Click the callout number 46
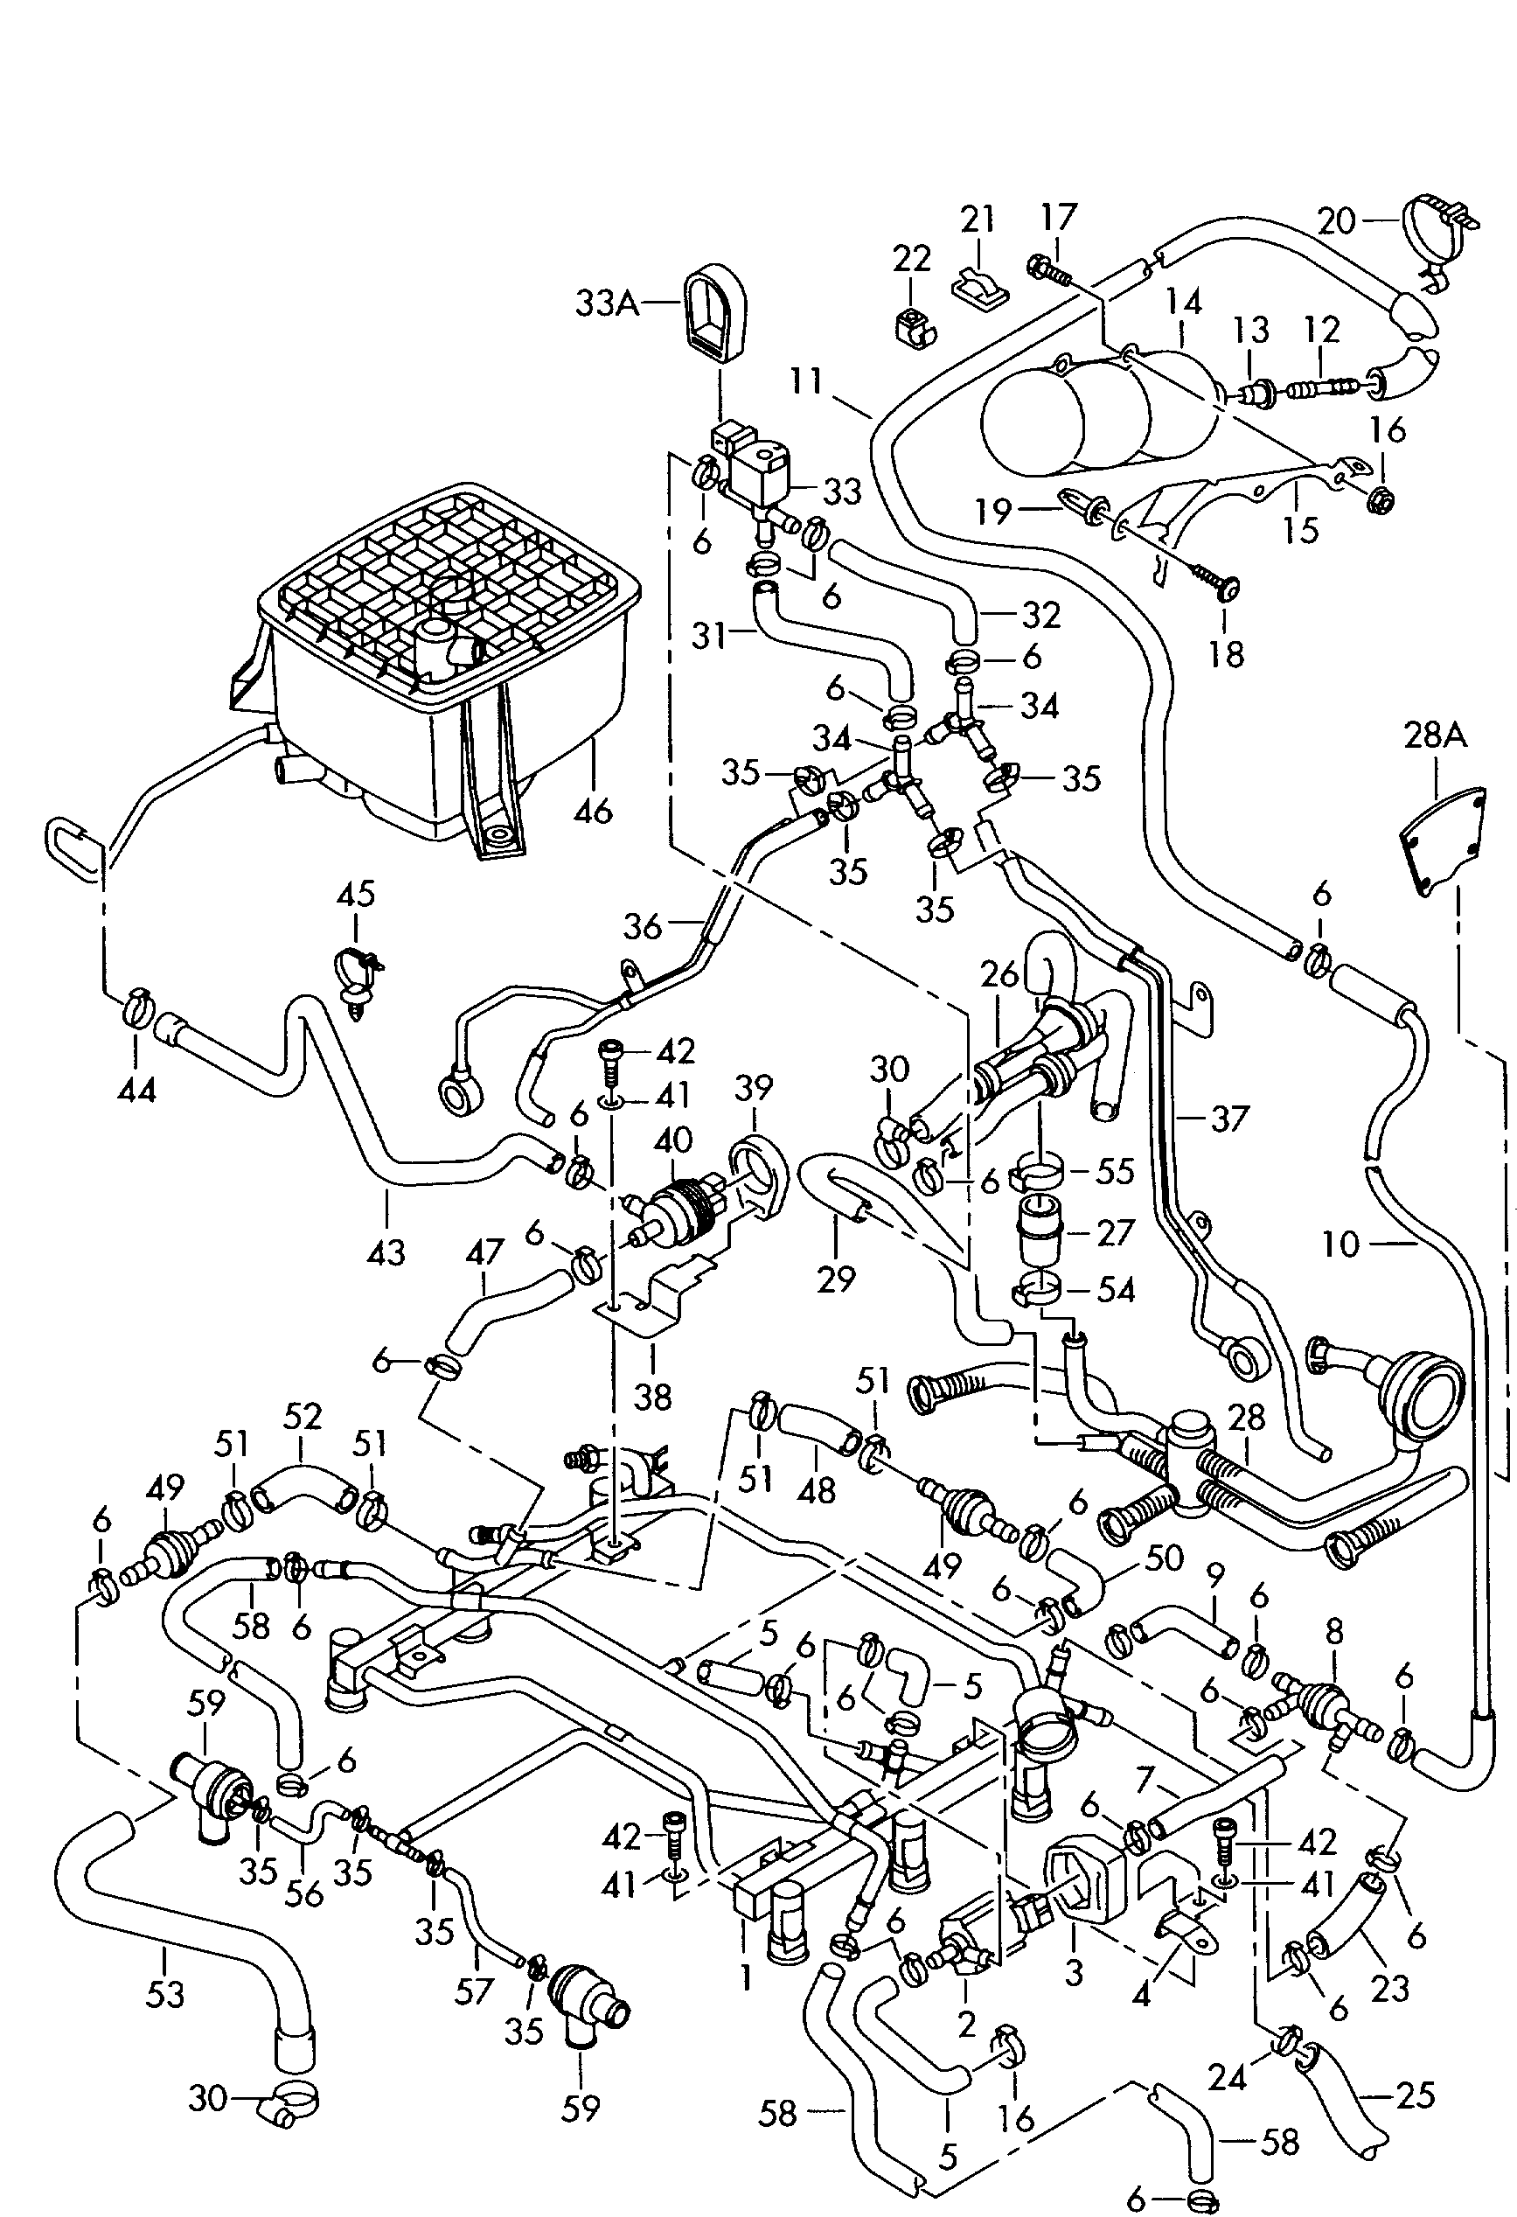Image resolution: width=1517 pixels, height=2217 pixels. pos(593,812)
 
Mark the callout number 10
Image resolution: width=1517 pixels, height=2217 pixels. pos(1340,1244)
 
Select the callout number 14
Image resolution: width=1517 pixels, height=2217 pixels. pos(1182,304)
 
